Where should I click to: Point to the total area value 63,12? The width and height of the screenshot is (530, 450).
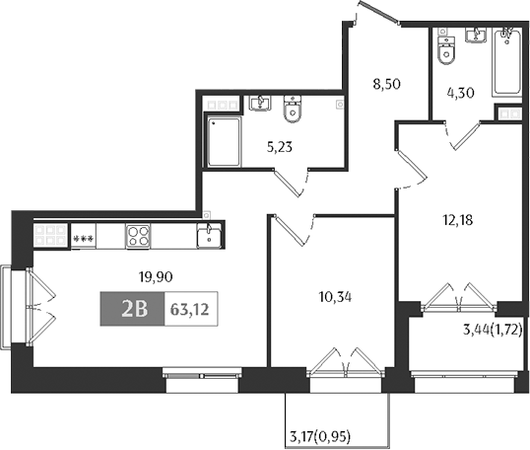[190, 309]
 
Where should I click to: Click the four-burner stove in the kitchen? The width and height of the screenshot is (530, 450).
[139, 236]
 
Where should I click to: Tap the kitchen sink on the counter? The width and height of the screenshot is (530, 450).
[209, 237]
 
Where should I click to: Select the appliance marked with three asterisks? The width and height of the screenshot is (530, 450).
[83, 237]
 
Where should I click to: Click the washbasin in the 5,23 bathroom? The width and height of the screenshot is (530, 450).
[260, 103]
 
